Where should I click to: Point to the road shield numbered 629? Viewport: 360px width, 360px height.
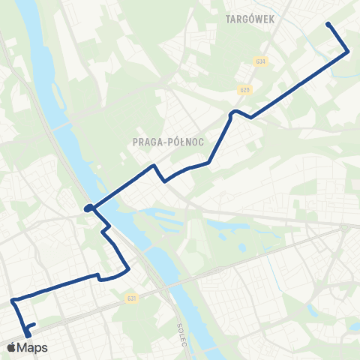pos(245,90)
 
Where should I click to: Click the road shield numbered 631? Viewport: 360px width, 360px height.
pos(132,298)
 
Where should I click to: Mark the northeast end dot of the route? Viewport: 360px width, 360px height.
pos(328,25)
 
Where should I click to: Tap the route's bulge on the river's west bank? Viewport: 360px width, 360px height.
pos(89,208)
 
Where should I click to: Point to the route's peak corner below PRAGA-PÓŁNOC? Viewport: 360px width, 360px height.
pos(154,165)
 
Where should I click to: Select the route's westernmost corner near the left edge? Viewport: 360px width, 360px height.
pos(13,301)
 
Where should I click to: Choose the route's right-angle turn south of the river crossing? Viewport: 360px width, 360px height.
pos(109,226)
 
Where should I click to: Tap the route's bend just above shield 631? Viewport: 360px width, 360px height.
pos(128,269)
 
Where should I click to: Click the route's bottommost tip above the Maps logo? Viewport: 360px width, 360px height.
pos(28,334)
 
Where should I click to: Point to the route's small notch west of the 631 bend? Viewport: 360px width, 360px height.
pos(98,277)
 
